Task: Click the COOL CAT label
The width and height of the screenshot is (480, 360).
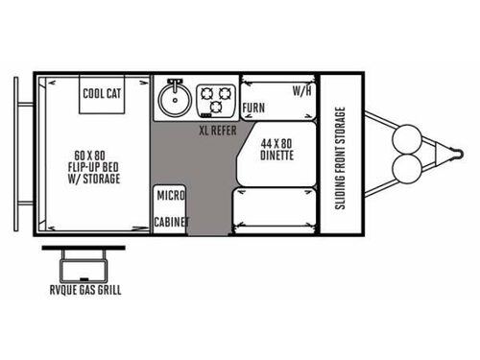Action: pyautogui.click(x=102, y=93)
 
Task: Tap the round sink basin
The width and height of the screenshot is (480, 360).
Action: pyautogui.click(x=175, y=100)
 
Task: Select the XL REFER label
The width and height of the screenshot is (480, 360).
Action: pyautogui.click(x=218, y=131)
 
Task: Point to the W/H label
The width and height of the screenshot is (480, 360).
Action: pyautogui.click(x=302, y=91)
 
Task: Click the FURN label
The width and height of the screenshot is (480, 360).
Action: pyautogui.click(x=253, y=108)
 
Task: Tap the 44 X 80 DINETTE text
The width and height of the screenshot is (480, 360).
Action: pyautogui.click(x=276, y=149)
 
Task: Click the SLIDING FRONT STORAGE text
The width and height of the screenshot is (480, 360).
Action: pyautogui.click(x=340, y=158)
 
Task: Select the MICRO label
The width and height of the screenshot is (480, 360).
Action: pyautogui.click(x=171, y=195)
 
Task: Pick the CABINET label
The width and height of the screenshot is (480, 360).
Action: pyautogui.click(x=172, y=222)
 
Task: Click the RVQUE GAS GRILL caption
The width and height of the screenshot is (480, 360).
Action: pyautogui.click(x=85, y=290)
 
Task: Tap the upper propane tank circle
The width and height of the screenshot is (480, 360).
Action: pyautogui.click(x=407, y=139)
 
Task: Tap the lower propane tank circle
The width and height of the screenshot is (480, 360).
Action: pyautogui.click(x=407, y=169)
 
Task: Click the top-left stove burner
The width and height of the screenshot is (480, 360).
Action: pyautogui.click(x=206, y=94)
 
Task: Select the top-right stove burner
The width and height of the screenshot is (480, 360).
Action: pyautogui.click(x=225, y=94)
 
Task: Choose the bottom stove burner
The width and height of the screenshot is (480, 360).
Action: pyautogui.click(x=216, y=107)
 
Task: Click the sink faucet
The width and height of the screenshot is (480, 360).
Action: pyautogui.click(x=175, y=84)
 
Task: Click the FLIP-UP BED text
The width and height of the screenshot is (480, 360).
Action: pyautogui.click(x=93, y=167)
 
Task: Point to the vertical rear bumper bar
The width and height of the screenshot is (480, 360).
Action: pyautogui.click(x=16, y=154)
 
